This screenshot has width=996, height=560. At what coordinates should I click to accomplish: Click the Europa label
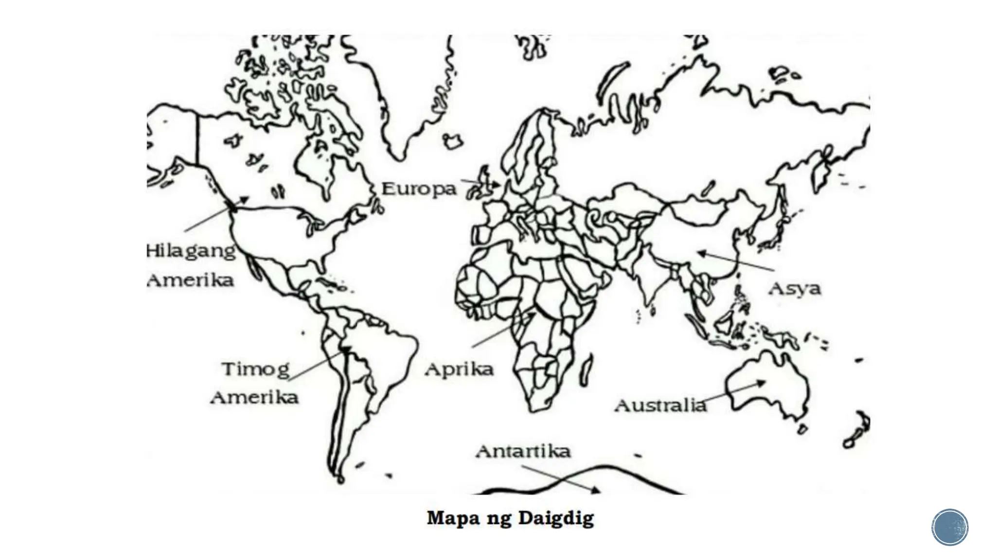coord(418,189)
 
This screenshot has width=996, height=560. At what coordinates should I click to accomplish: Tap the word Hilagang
coord(191,251)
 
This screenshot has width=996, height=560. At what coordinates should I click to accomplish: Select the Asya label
coord(794,289)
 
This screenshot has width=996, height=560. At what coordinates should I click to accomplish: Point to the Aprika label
coord(459,370)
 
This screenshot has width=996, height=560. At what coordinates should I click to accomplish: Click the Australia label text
coord(660,405)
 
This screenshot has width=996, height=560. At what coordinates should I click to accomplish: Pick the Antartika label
coord(523,451)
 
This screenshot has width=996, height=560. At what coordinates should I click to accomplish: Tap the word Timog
coord(255,369)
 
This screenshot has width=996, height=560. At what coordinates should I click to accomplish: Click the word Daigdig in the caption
coord(556,518)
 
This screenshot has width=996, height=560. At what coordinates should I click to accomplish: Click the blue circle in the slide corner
coord(949,527)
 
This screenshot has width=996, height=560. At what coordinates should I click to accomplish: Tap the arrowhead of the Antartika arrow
coord(596,490)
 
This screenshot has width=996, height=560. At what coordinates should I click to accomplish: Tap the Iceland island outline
coord(453,142)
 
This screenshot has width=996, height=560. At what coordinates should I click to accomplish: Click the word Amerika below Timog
coord(254,398)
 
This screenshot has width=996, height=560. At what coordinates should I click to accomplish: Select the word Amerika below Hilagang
coord(190,280)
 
